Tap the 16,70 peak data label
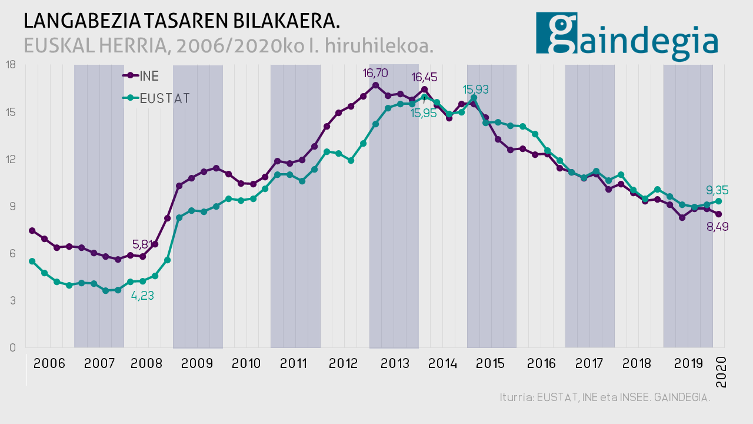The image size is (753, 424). pyautogui.click(x=375, y=74)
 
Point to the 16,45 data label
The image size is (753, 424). pyautogui.click(x=424, y=77)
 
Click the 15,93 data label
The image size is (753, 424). pyautogui.click(x=475, y=90)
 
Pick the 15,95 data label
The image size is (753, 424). pyautogui.click(x=424, y=113)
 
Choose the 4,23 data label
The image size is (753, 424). pyautogui.click(x=142, y=296)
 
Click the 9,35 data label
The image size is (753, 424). pyautogui.click(x=717, y=190)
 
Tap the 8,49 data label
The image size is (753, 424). pyautogui.click(x=717, y=226)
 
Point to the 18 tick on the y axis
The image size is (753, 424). pyautogui.click(x=11, y=64)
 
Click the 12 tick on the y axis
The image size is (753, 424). pyautogui.click(x=11, y=159)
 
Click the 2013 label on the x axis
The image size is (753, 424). pyautogui.click(x=395, y=363)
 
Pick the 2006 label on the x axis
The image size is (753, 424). pyautogui.click(x=49, y=363)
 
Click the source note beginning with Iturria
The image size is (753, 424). pyautogui.click(x=605, y=397)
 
